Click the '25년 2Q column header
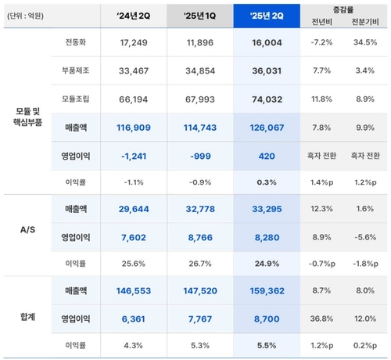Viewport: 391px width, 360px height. pos(267,16)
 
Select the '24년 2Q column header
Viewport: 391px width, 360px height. pos(134,16)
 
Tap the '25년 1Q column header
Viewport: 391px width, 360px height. pos(200,16)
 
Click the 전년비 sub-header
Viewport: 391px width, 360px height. pos(322,22)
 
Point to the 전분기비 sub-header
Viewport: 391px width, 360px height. pos(365,22)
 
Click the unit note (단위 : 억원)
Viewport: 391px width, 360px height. pos(25,16)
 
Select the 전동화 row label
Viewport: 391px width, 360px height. pos(76,42)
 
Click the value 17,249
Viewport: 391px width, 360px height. pos(134,42)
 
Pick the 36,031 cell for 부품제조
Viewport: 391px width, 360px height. pos(267,71)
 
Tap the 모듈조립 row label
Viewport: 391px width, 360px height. pos(76,99)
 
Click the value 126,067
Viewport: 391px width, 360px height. pos(267,128)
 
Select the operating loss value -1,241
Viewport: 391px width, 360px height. pos(134,157)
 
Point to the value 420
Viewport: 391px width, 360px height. pos(267,157)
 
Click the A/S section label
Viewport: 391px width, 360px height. pos(27,230)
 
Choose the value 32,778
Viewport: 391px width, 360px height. pos(200,209)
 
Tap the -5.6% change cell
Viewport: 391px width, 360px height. pos(365,237)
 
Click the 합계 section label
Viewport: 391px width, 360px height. pos(27,317)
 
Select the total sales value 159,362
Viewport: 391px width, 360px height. pos(267,291)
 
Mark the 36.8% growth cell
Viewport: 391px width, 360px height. pos(321,319)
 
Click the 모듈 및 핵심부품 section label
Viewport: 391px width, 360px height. pos(27,117)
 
